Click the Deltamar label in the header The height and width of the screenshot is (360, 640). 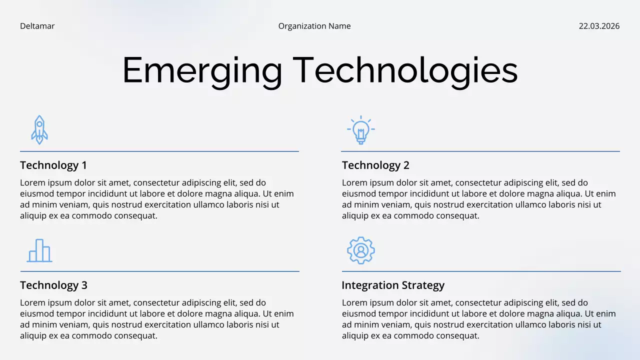point(37,26)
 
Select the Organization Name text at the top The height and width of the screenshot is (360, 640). point(314,26)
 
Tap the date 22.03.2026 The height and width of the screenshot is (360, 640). point(599,26)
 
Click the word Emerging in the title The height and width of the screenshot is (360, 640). point(202,71)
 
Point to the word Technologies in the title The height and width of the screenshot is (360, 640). point(405,71)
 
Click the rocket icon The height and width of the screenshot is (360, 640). point(39,130)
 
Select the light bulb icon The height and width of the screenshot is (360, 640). point(360,130)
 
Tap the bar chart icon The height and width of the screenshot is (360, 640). point(39,250)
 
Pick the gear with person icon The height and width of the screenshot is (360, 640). point(360,250)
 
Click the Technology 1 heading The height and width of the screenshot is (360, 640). point(53,165)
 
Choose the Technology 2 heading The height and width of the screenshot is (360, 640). point(375,165)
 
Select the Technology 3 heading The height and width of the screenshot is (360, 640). point(53,285)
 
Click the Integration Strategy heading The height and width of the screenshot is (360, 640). point(393,285)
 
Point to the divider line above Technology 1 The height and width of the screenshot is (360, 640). point(159,151)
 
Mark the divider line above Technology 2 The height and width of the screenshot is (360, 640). point(480,151)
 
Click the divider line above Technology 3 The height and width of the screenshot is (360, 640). point(159,271)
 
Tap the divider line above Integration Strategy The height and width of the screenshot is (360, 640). point(480,271)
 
